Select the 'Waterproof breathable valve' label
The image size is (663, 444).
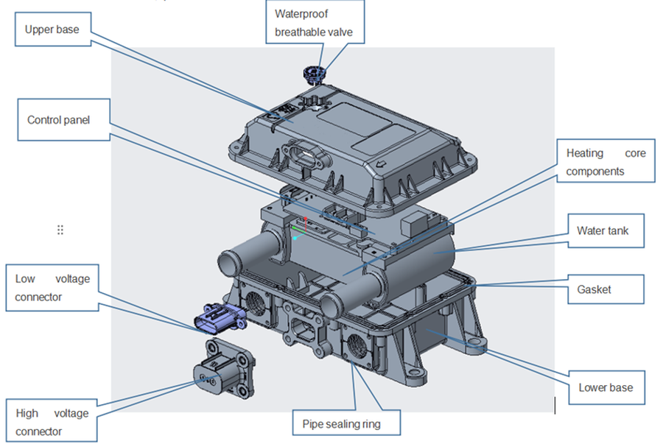point(318,22)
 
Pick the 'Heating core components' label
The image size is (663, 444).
point(606,162)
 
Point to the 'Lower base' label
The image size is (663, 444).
point(606,387)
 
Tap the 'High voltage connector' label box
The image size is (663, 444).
point(52,422)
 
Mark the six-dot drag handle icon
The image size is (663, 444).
point(60,230)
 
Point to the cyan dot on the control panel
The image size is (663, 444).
point(295,239)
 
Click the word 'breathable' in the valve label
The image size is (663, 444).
point(302,31)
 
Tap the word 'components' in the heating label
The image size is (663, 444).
point(595,171)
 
